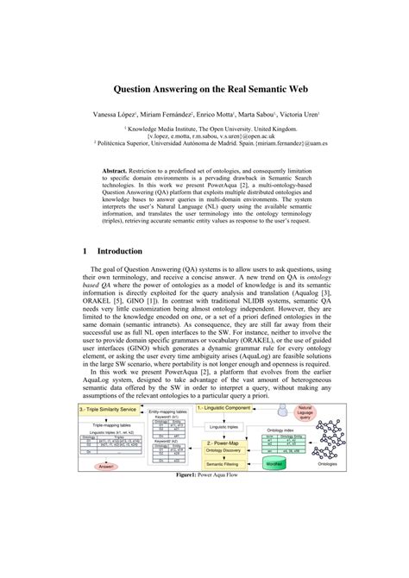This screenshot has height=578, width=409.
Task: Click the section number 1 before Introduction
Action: point(85,252)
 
